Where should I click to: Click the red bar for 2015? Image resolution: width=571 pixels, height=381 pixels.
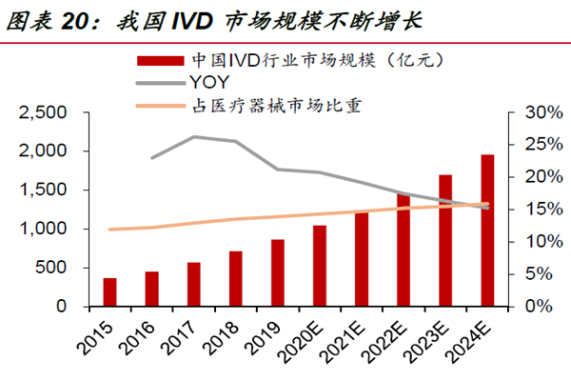point(110,292)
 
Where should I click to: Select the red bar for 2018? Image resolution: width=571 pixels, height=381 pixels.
point(235,279)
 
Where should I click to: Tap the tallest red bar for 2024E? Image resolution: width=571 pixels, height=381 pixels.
point(487,231)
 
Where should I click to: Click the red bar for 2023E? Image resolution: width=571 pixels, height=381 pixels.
point(445,241)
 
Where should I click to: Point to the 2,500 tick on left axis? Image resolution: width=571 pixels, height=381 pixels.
point(45,112)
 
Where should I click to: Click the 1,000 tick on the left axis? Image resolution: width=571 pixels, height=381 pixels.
point(45,230)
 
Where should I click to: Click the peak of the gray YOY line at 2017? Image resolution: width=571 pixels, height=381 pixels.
point(194,136)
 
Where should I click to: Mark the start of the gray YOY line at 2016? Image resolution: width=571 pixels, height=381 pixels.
point(152,157)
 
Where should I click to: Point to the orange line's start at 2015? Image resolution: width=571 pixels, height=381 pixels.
point(110,230)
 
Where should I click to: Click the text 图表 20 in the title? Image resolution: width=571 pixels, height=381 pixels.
point(39,19)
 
